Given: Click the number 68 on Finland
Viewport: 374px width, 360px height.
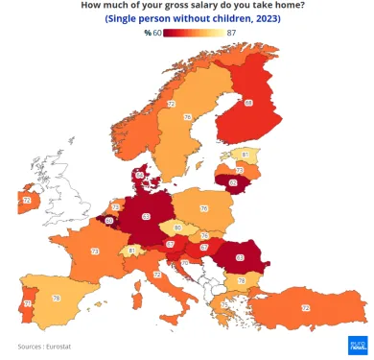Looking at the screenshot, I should [248, 103].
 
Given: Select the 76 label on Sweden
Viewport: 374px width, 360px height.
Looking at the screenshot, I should [188, 117].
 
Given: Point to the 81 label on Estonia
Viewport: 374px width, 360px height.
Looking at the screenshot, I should [245, 154].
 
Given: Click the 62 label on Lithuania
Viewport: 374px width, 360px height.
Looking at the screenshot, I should [233, 181].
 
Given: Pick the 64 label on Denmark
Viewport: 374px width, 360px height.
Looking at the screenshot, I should [140, 175].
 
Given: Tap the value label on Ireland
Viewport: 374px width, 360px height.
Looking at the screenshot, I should [27, 200].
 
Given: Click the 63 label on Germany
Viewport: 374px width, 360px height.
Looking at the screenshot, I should [147, 217].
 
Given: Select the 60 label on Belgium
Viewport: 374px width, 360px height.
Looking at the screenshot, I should [108, 222].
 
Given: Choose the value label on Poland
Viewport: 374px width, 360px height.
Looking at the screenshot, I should [203, 207].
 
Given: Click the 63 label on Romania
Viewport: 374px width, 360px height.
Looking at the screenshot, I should [240, 257].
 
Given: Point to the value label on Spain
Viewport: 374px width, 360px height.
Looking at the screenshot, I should [57, 299].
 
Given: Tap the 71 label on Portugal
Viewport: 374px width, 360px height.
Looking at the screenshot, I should [27, 303].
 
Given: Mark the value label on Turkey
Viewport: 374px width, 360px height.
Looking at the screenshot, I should [306, 307].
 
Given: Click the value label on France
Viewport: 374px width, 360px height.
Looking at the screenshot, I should [95, 252].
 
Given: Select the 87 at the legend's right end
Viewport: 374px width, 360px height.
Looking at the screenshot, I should [232, 33].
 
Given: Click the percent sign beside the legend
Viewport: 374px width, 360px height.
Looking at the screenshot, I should [148, 33].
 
